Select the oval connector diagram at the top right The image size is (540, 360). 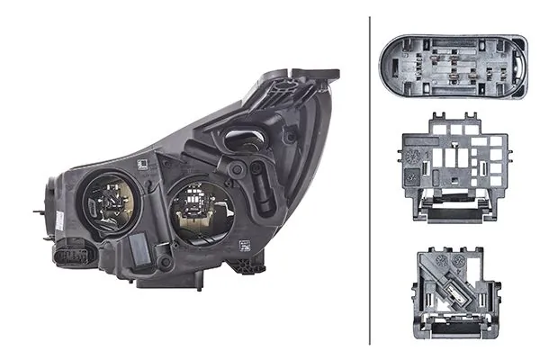(454, 68)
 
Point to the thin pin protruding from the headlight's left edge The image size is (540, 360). (39, 212)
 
